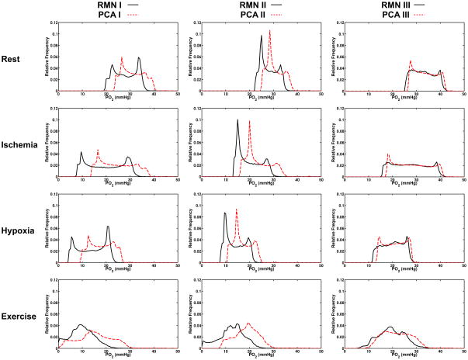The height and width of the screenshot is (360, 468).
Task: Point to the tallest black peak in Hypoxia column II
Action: click(x=225, y=213)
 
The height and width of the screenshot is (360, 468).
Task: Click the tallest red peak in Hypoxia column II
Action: click(x=237, y=209)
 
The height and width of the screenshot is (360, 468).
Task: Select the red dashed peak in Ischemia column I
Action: click(x=98, y=150)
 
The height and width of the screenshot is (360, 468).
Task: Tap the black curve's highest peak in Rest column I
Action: click(x=139, y=58)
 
